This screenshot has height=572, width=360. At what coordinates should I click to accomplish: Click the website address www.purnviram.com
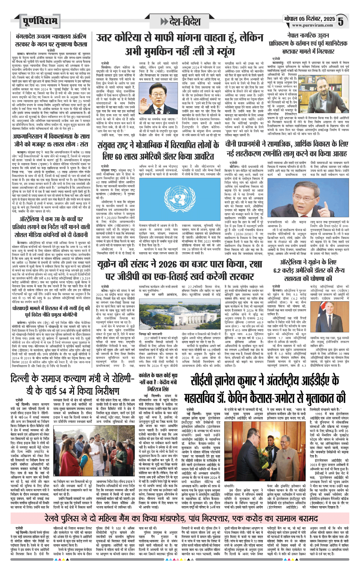click(312, 25)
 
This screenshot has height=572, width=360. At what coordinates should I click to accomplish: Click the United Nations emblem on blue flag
click(180, 199)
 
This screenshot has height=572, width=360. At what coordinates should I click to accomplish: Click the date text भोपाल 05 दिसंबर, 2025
click(309, 19)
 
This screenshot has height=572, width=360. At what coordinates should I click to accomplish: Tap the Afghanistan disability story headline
click(51, 140)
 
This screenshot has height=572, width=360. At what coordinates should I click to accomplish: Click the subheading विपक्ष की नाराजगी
click(150, 334)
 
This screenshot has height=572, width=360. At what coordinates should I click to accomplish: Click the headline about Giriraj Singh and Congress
click(158, 382)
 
